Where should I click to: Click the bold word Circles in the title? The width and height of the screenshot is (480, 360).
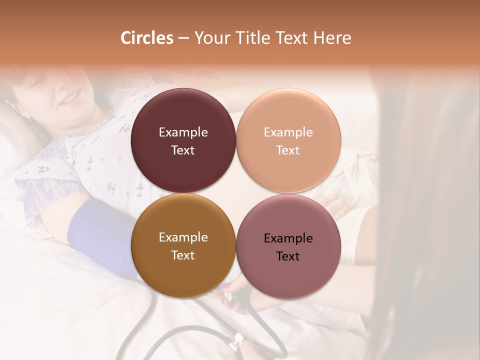pyautogui.click(x=147, y=38)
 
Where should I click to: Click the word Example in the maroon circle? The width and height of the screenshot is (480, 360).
pyautogui.click(x=183, y=132)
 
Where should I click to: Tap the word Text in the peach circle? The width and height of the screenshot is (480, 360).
pyautogui.click(x=288, y=150)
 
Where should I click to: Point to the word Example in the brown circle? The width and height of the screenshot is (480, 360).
pyautogui.click(x=183, y=237)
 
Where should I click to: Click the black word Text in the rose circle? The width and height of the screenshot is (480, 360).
pyautogui.click(x=288, y=256)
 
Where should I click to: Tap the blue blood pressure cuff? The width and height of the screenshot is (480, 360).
pyautogui.click(x=100, y=235)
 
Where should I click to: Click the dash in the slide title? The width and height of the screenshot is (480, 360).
pyautogui.click(x=183, y=38)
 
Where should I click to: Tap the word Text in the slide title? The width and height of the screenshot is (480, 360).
pyautogui.click(x=291, y=38)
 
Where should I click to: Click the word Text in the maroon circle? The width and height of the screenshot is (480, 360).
pyautogui.click(x=183, y=150)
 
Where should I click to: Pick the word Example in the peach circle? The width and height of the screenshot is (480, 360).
pyautogui.click(x=288, y=132)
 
